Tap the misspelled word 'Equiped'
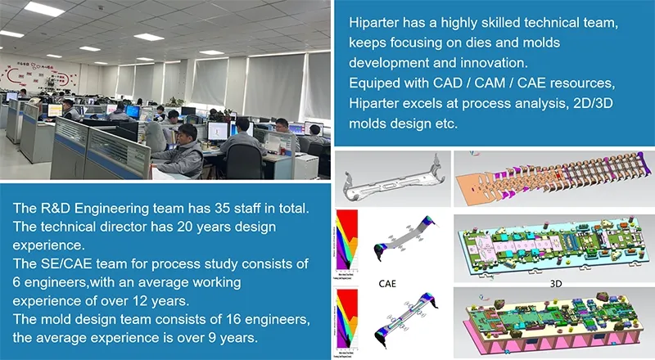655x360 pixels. point(373,83)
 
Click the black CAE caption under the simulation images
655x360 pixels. point(389,284)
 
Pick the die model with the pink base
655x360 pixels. point(552,325)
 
